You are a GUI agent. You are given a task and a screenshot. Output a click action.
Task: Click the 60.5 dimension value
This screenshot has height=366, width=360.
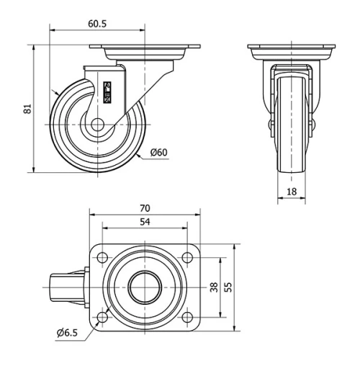click(98, 24)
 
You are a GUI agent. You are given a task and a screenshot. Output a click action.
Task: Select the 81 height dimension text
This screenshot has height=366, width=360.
click(27, 108)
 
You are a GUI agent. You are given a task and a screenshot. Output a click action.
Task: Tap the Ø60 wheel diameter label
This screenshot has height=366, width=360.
click(159, 152)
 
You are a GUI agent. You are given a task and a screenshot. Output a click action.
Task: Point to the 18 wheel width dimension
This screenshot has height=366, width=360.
click(292, 191)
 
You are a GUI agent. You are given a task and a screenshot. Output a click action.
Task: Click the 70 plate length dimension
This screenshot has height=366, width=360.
click(145, 209)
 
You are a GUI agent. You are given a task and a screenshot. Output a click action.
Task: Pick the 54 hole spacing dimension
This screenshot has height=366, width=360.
click(145, 224)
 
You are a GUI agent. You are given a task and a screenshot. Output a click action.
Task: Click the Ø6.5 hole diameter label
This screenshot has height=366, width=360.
click(68, 332)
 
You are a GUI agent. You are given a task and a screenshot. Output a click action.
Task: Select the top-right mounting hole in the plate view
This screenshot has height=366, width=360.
click(187, 257)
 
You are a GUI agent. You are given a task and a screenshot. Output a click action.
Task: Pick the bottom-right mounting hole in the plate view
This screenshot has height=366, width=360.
click(187, 317)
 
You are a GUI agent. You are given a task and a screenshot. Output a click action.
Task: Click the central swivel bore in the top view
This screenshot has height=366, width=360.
click(145, 287)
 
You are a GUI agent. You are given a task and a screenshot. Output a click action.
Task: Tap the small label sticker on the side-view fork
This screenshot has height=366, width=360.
click(109, 92)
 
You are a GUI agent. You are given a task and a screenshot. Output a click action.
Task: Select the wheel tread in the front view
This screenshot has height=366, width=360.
click(292, 144)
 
